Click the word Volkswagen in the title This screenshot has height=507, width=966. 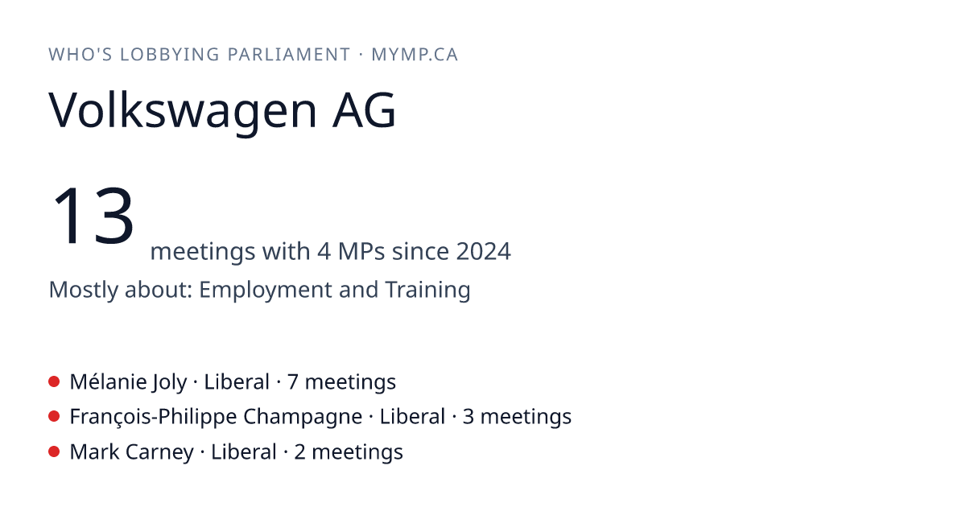coord(183,111)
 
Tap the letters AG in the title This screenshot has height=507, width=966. coord(364,110)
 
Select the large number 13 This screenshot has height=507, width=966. coord(93,216)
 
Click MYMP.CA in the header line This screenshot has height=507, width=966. coord(415,55)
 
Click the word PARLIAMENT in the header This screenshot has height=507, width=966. coord(288,55)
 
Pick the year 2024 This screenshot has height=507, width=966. coord(484,251)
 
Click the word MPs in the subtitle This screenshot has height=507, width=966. coord(361,251)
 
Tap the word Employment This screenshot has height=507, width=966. coord(265,291)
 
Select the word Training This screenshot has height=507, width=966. coord(427,291)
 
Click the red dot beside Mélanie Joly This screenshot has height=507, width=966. coord(54,381)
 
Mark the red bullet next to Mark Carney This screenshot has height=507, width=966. coord(54,451)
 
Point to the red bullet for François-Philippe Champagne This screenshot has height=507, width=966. coord(54,417)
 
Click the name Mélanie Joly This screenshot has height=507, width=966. coord(128,382)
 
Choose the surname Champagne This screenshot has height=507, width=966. coord(303,418)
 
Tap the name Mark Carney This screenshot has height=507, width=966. coord(131,452)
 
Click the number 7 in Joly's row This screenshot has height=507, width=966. coord(292,382)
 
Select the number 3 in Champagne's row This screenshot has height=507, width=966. coord(468,417)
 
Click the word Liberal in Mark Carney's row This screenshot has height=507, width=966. coord(244,452)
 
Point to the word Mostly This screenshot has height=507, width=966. coord(83,291)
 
